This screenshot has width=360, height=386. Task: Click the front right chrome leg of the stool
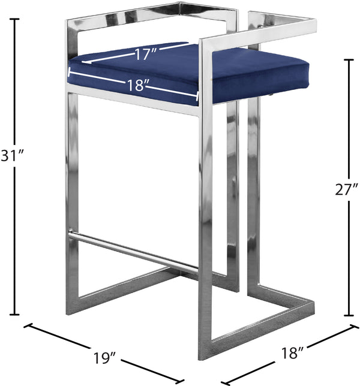(x=205, y=228)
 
